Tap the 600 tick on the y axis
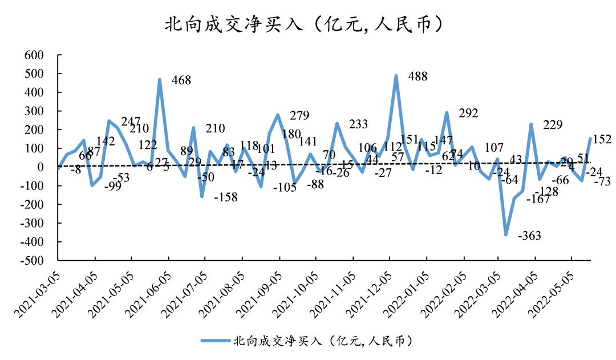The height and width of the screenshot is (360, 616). [34, 55]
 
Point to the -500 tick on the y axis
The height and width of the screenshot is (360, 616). [32, 261]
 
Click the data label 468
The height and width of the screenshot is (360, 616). [181, 80]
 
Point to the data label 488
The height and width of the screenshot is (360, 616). [418, 76]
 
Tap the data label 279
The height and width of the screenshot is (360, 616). [299, 116]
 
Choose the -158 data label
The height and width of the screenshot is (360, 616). [225, 197]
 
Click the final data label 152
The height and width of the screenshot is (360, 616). [602, 139]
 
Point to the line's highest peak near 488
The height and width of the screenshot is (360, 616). [396, 76]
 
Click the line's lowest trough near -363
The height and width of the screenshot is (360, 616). [505, 234]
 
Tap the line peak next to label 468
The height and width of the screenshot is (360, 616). [160, 80]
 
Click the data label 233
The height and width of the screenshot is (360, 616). [358, 124]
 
